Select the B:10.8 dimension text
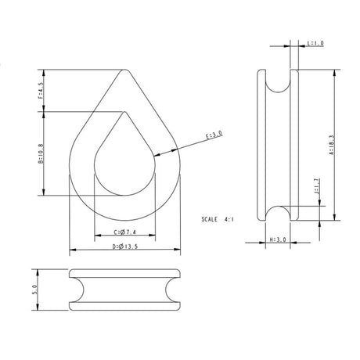pos(40,154)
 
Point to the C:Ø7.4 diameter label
pos(125,232)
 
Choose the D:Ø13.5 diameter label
pos(125,247)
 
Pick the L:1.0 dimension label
pos(315,44)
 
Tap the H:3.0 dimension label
pos(276,239)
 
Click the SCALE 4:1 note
pos(218,219)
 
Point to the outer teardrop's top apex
pos(125,69)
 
